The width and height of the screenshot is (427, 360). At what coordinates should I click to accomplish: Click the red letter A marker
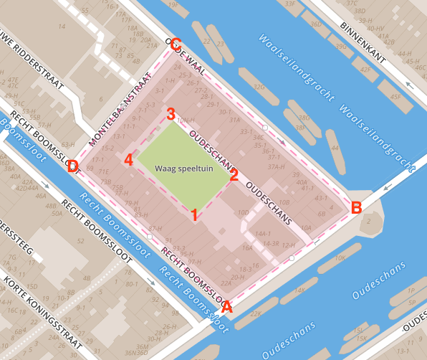pyautogui.click(x=228, y=308)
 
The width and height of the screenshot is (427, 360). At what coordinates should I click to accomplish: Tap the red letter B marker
pyautogui.click(x=356, y=208)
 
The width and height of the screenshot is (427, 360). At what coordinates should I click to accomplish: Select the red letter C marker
pyautogui.click(x=176, y=44)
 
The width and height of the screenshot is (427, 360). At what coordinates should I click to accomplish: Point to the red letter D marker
pyautogui.click(x=72, y=167)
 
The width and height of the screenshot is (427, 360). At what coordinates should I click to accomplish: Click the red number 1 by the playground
pyautogui.click(x=193, y=214)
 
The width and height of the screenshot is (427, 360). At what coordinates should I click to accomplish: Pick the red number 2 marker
pyautogui.click(x=234, y=175)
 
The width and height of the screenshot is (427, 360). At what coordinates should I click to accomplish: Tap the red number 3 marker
pyautogui.click(x=171, y=114)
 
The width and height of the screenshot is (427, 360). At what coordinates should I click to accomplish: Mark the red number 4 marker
pyautogui.click(x=128, y=159)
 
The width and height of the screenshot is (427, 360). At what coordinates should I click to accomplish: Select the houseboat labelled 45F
pyautogui.click(x=395, y=97)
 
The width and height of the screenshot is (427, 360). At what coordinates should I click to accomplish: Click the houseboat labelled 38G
pyautogui.click(x=304, y=118)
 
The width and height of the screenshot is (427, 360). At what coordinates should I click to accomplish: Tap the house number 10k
pyautogui.click(x=340, y=257)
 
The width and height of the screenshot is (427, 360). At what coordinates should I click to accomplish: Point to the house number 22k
pyautogui.click(x=256, y=313)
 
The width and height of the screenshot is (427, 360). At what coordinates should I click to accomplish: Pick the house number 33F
pyautogui.click(x=289, y=4)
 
